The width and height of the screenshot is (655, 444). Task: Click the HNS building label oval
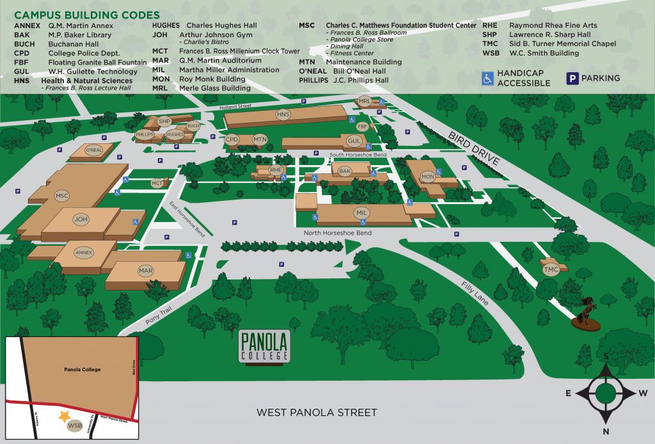click(283, 115)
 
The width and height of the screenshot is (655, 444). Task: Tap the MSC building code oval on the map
click(62, 196)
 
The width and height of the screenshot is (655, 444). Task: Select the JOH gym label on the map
click(81, 219)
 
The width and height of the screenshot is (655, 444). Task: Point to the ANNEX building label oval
click(84, 252)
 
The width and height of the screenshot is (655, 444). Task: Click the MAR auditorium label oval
click(146, 271)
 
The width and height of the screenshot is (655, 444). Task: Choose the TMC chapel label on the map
click(551, 271)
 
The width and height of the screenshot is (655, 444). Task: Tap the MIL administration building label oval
click(362, 212)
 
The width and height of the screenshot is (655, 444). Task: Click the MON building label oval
click(428, 176)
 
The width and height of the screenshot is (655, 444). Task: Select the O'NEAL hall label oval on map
click(94, 150)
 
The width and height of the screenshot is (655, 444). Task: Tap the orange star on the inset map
click(63, 416)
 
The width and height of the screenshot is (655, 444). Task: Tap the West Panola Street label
click(317, 413)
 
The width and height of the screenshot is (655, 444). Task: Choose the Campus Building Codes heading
click(87, 15)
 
